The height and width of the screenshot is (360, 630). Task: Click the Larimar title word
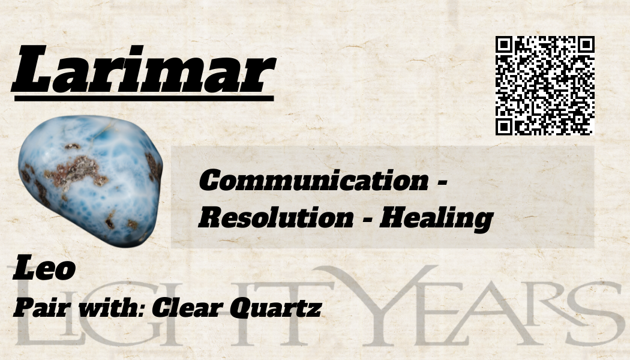tap(143, 69)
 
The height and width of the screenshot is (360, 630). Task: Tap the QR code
tap(545, 85)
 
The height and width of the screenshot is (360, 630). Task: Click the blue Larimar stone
tap(91, 181)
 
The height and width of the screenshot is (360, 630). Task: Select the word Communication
tap(314, 181)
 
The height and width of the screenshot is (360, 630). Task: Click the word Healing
tap(436, 220)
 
